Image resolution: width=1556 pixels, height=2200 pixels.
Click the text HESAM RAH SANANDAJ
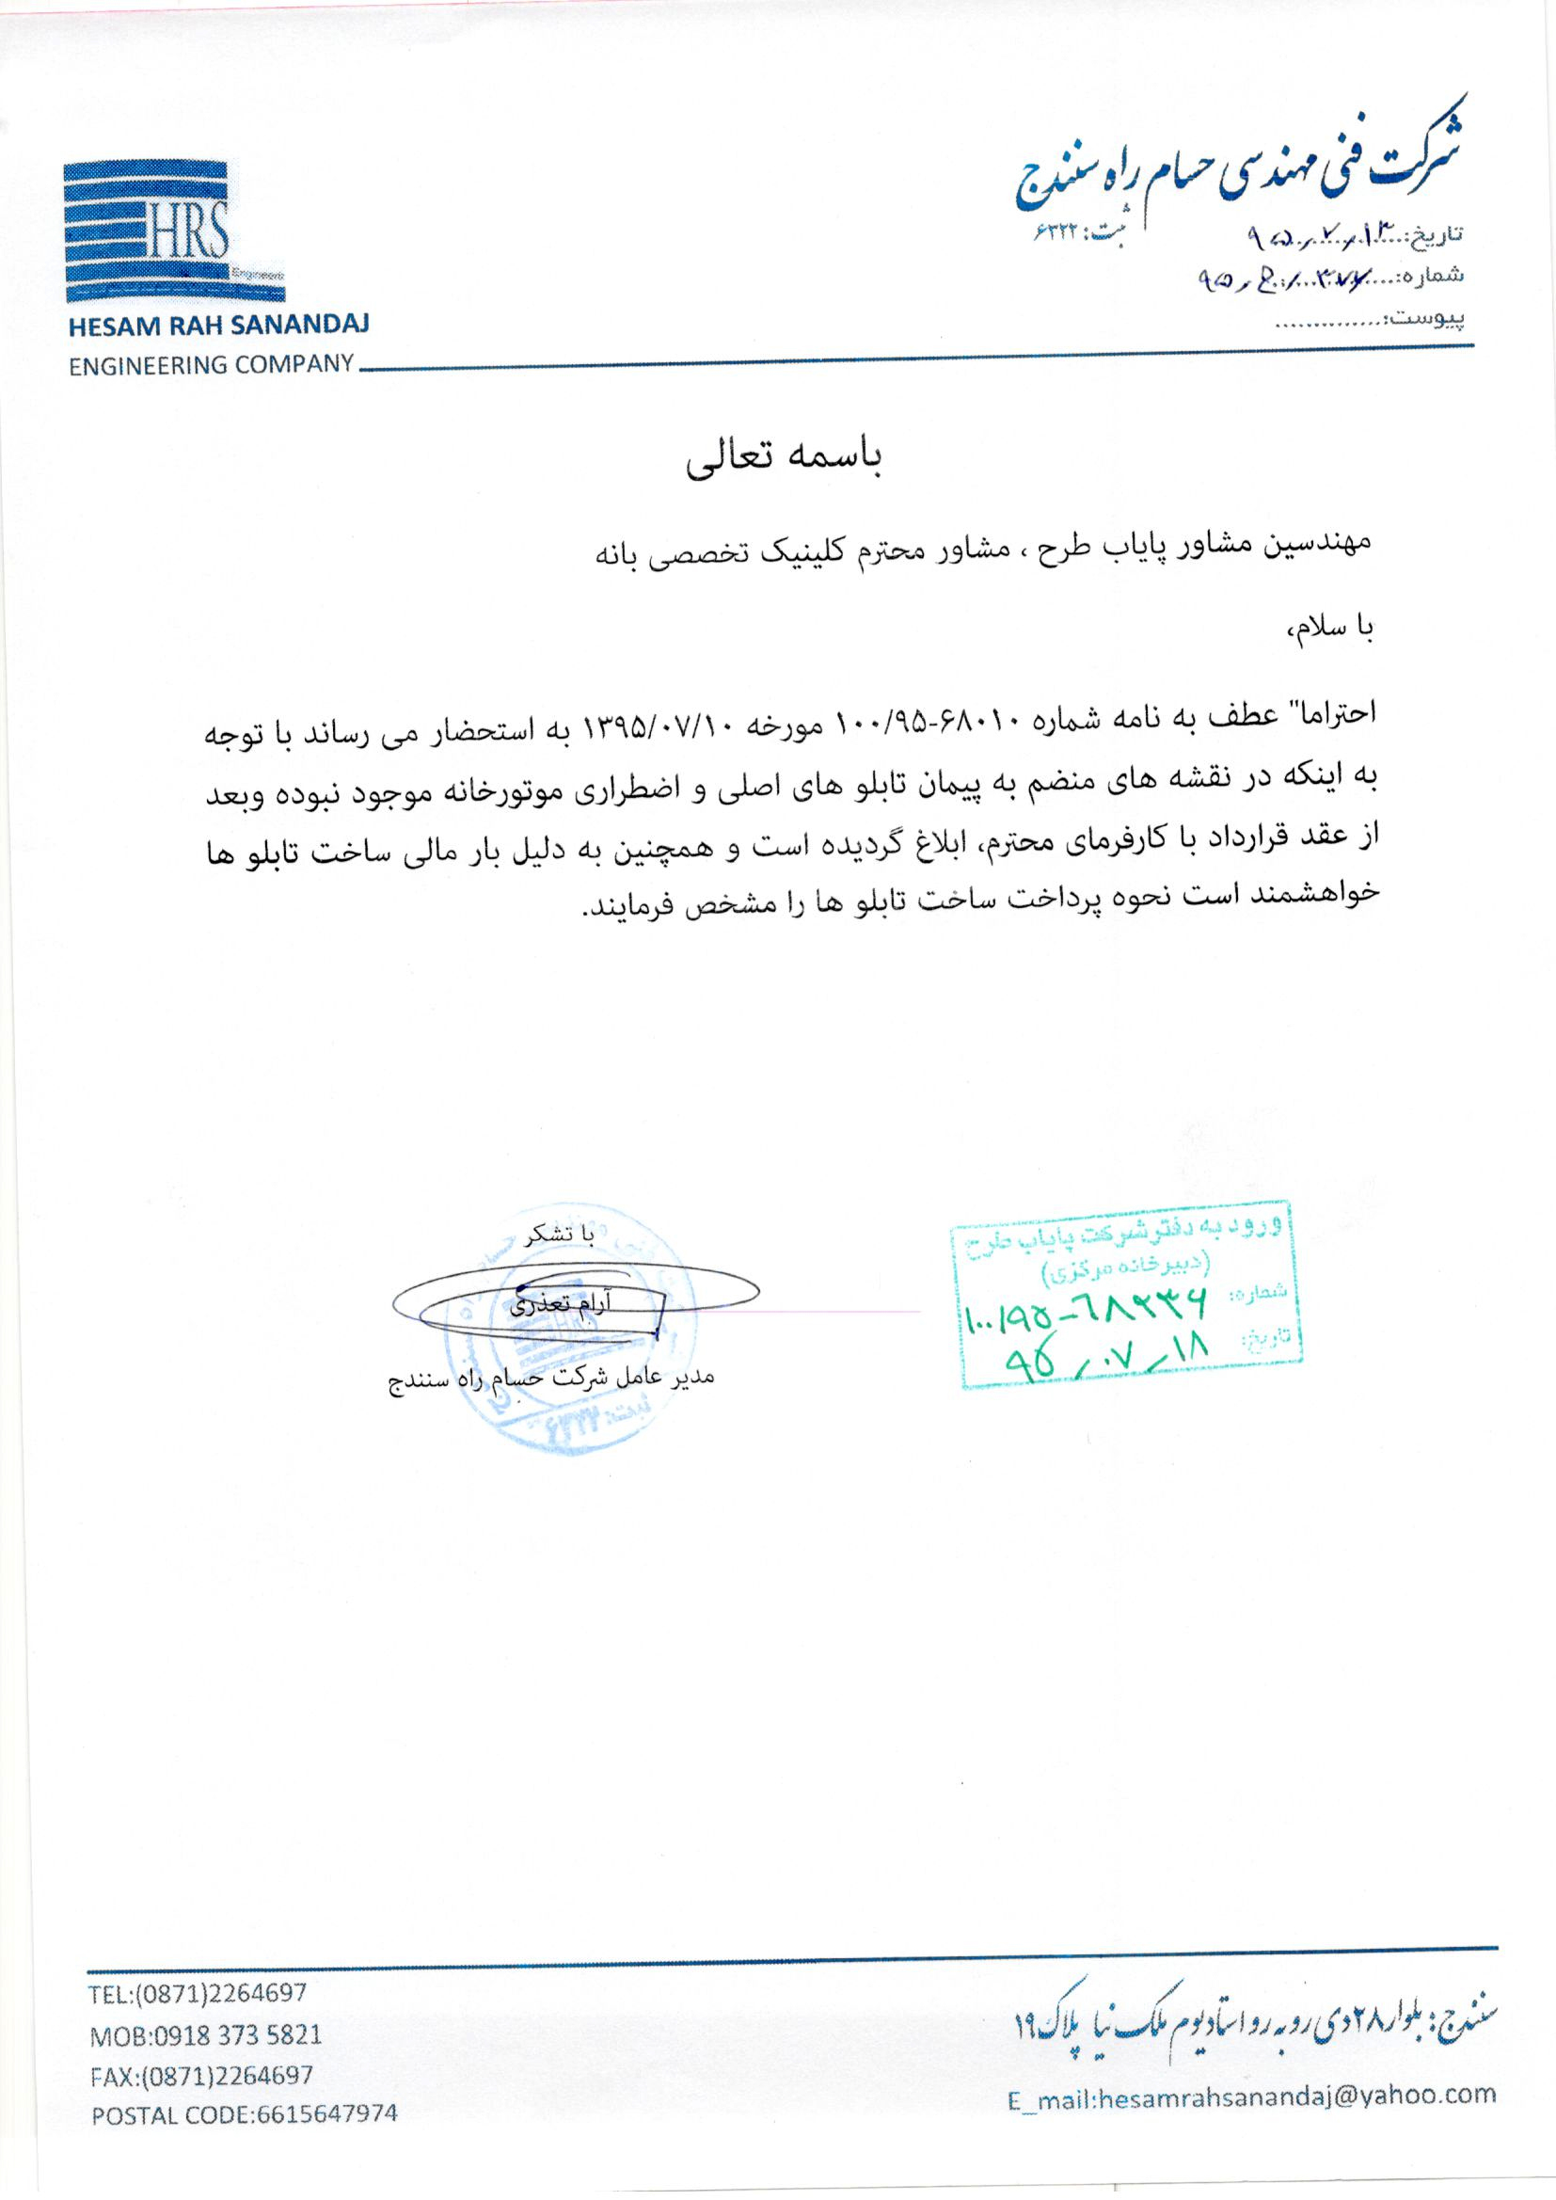[x=218, y=325]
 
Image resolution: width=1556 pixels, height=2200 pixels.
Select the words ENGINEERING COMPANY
[x=211, y=365]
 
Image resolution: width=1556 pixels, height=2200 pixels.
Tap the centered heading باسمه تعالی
[x=784, y=459]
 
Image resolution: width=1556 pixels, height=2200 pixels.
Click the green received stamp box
[x=1127, y=1304]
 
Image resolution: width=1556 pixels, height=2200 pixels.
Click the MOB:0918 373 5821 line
[x=205, y=2033]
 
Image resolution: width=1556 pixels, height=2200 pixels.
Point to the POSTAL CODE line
[x=244, y=2112]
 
